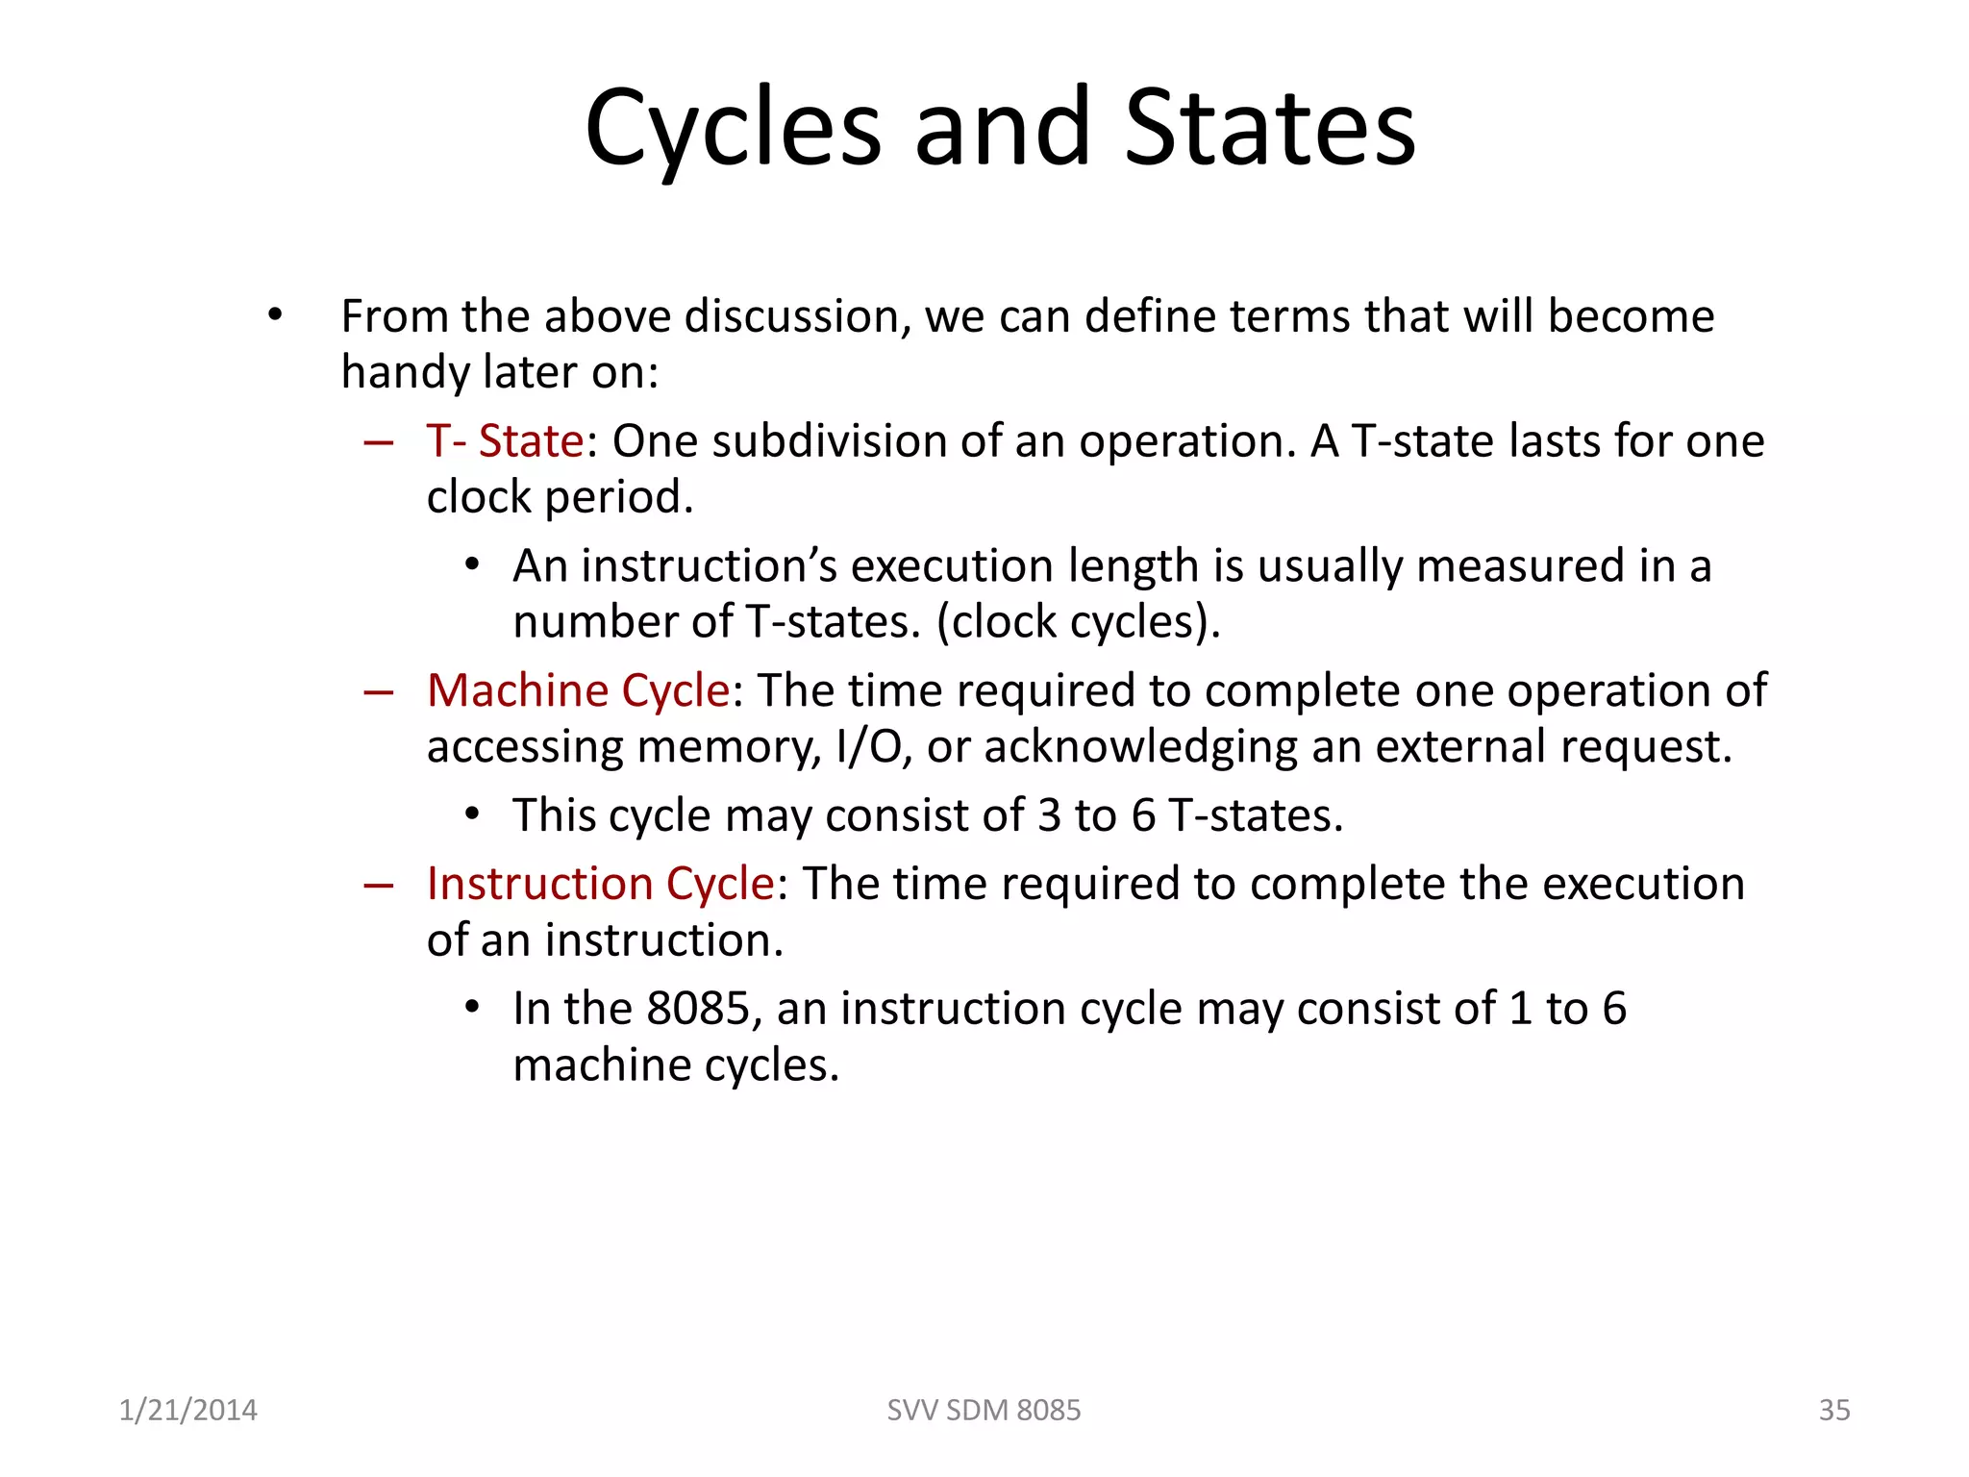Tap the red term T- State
505,441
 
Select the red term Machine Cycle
578,691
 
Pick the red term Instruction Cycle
600,884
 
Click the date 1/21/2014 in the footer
187,1410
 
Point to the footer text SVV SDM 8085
984,1410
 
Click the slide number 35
1834,1410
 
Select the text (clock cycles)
1079,622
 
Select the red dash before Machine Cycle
379,692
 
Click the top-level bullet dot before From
276,314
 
